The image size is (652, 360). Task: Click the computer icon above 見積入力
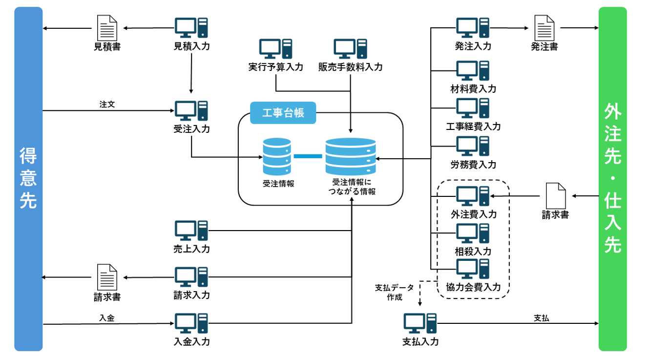point(191,28)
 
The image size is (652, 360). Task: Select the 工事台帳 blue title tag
point(283,113)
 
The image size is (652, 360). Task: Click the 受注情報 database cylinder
point(277,157)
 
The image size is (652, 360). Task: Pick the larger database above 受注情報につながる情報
point(351,157)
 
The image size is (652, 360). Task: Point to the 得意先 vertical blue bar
point(28,179)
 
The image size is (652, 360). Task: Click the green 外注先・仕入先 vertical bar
point(612,179)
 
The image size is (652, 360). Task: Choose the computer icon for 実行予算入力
point(275,49)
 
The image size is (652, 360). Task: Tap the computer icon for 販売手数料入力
point(350,49)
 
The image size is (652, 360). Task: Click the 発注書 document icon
point(544,28)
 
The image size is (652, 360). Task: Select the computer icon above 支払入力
point(420,323)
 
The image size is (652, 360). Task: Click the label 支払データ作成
point(394,292)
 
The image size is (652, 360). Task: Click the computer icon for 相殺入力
point(473,233)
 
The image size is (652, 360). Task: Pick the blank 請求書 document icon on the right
point(555,196)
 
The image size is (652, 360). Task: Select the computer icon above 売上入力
point(191,231)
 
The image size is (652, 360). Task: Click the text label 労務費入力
point(473,165)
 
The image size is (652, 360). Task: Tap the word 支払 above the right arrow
point(541,318)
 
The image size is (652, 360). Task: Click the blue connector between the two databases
point(308,156)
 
